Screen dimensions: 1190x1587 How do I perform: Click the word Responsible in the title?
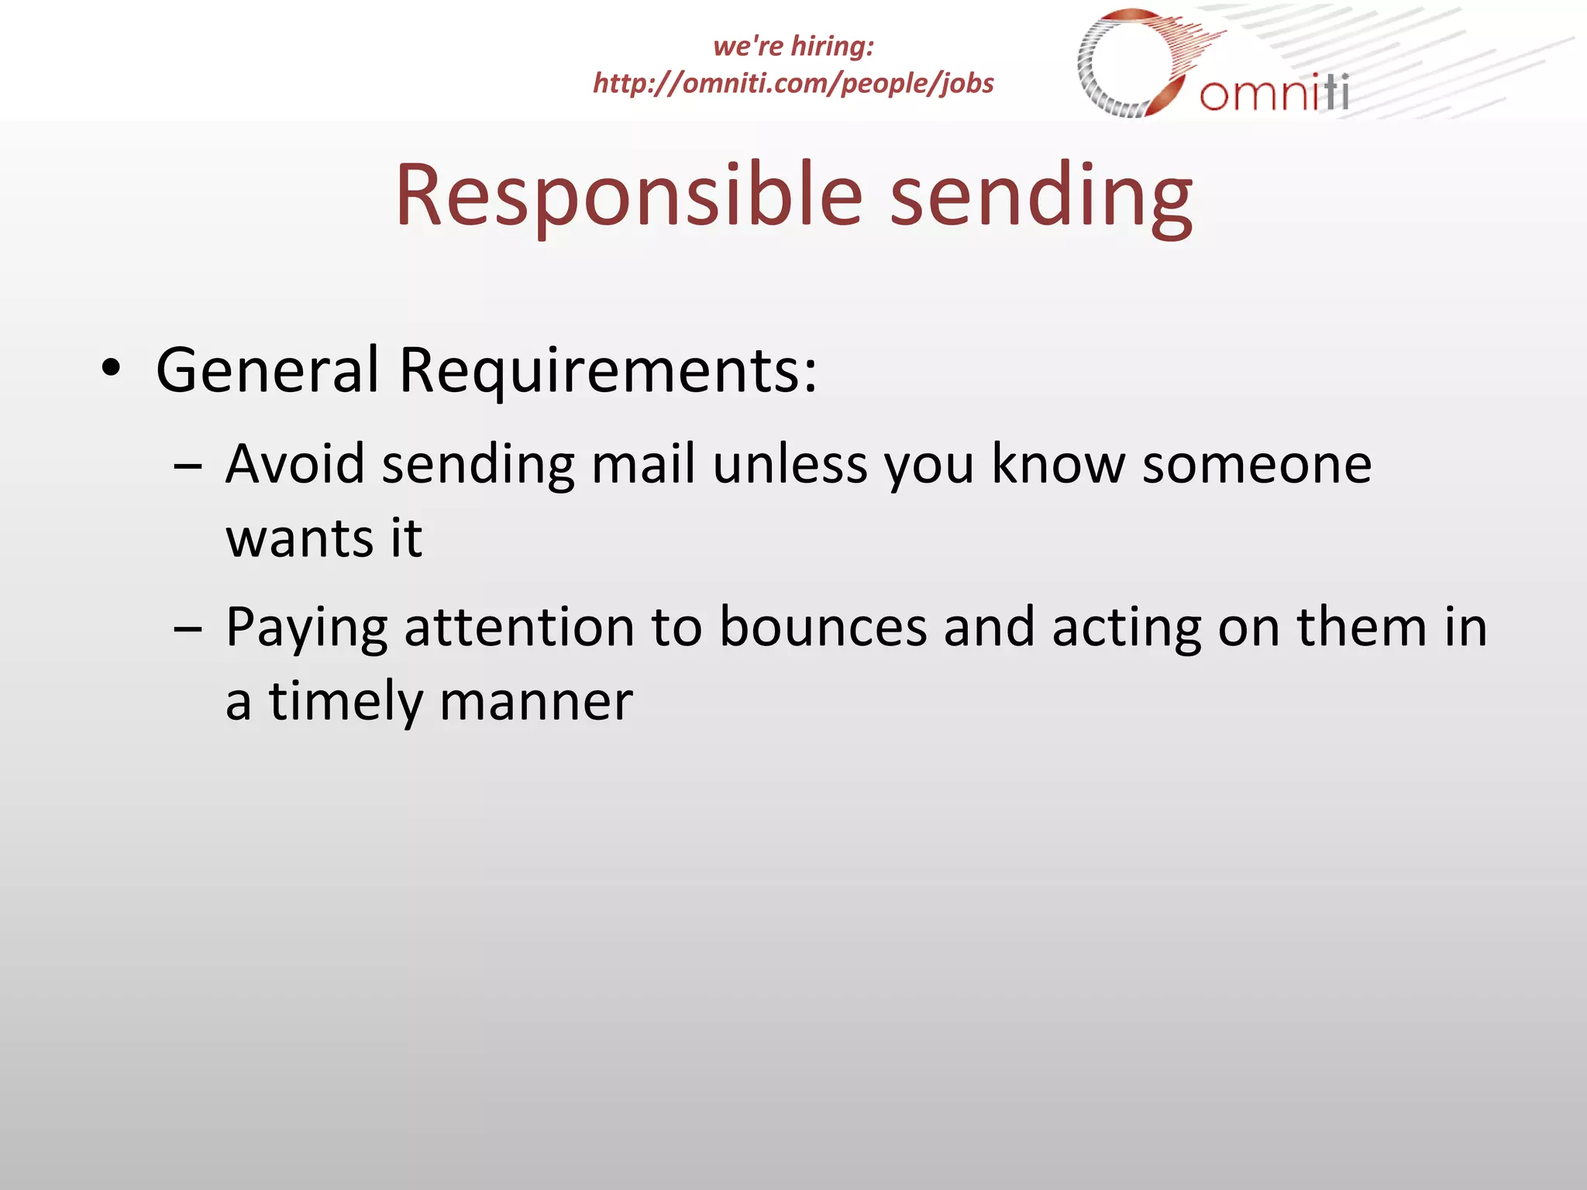click(x=628, y=195)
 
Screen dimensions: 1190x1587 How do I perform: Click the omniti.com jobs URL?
click(x=793, y=83)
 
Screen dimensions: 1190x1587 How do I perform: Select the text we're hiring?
click(x=793, y=46)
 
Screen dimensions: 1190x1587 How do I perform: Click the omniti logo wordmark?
click(x=1274, y=93)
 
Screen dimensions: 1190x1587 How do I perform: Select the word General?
click(x=267, y=370)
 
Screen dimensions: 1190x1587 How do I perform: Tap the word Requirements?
click(x=608, y=370)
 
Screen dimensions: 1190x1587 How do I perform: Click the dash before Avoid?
click(x=188, y=466)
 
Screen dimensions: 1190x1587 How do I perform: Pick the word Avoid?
click(x=294, y=464)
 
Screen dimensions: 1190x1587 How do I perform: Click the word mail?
click(x=643, y=464)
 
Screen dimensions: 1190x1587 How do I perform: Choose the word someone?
click(x=1256, y=464)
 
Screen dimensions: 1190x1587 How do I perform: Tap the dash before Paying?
click(x=188, y=629)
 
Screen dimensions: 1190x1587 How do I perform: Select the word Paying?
click(x=306, y=628)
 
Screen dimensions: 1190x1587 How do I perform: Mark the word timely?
click(x=345, y=701)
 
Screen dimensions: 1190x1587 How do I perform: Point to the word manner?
click(x=536, y=701)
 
